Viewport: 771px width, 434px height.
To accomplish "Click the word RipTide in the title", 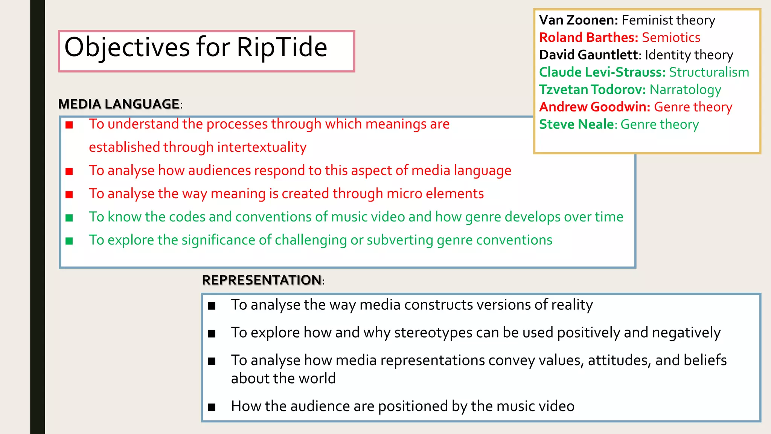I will (282, 47).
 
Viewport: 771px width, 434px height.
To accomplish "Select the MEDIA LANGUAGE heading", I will (119, 104).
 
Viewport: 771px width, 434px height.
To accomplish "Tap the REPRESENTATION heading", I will (262, 280).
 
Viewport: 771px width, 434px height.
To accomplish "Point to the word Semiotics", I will (671, 37).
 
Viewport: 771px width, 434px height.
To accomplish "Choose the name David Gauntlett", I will (588, 55).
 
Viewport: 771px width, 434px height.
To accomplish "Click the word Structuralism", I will (709, 72).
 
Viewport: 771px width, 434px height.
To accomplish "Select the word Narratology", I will (685, 90).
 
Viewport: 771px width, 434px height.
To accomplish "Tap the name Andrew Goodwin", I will (594, 107).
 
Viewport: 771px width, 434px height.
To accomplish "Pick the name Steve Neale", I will (576, 124).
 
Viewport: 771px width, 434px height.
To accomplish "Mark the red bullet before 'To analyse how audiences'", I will (69, 171).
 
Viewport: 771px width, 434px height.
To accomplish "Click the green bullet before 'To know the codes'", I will (69, 218).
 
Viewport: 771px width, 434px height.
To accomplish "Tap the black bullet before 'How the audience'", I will (212, 407).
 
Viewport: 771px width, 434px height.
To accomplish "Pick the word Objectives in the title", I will (127, 47).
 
